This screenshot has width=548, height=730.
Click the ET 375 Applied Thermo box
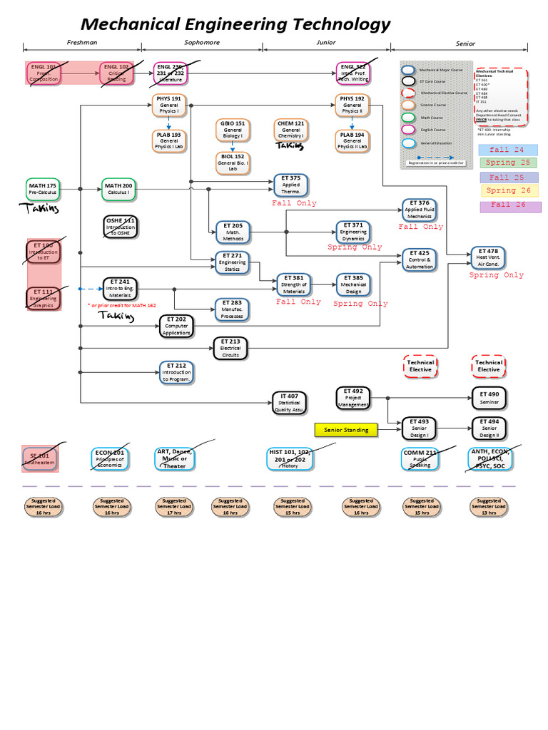tap(291, 185)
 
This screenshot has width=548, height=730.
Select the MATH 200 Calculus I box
tap(118, 190)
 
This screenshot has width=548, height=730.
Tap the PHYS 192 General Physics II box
tap(352, 105)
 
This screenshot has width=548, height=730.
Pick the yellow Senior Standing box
tap(346, 430)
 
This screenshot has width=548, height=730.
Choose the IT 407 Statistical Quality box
tap(289, 403)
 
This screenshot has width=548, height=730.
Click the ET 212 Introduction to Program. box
tap(176, 372)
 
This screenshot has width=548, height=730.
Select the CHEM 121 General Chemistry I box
tap(290, 130)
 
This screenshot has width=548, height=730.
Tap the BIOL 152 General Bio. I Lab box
tap(233, 163)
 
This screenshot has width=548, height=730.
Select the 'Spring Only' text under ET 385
tap(360, 303)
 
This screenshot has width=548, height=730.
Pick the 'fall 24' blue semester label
tap(508, 150)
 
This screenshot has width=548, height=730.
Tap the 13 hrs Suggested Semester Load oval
tap(489, 506)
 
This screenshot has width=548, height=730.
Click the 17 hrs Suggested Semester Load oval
tap(175, 506)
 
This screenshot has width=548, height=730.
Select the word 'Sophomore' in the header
tap(202, 43)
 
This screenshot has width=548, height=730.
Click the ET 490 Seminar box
tap(489, 398)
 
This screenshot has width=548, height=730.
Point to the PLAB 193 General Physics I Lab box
tap(169, 140)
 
